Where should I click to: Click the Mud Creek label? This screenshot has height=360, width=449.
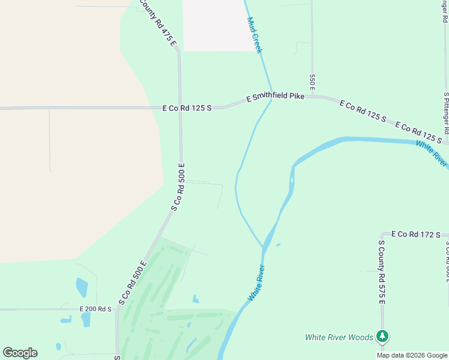(x=255, y=35)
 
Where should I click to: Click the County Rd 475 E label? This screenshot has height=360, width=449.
(x=158, y=22)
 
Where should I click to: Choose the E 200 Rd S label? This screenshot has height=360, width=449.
(x=96, y=309)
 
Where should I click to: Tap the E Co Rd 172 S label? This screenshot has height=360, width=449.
(x=416, y=234)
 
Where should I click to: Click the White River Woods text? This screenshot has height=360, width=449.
(x=339, y=337)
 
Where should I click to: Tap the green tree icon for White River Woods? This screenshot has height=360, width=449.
(x=382, y=337)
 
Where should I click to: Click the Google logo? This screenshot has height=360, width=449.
(x=20, y=353)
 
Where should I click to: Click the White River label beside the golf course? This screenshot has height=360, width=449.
(x=256, y=283)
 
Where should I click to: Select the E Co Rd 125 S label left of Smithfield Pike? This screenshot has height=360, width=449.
(x=187, y=109)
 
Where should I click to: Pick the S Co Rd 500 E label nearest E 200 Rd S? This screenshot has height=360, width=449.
(x=133, y=283)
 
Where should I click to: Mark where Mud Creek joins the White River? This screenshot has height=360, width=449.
(x=264, y=246)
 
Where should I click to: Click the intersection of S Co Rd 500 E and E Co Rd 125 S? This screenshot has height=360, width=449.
(x=180, y=109)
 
